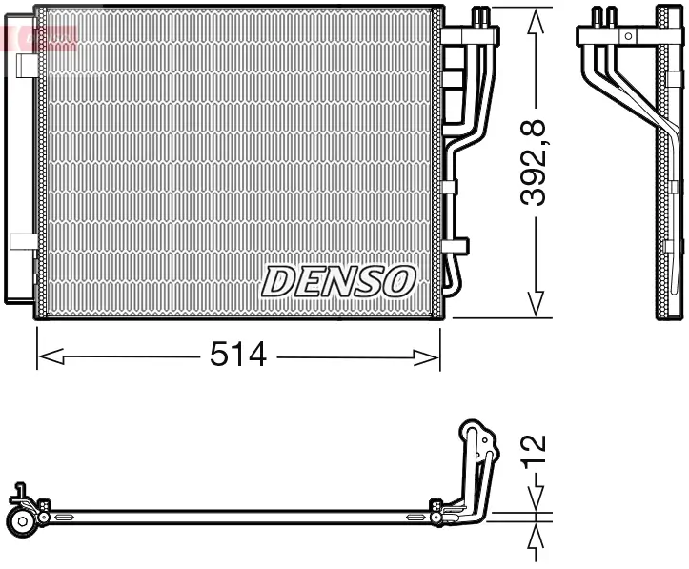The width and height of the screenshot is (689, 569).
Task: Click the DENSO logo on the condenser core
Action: pos(339,281)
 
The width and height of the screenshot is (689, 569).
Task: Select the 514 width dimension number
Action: pos(237,356)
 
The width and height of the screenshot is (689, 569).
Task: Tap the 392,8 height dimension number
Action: pos(536,161)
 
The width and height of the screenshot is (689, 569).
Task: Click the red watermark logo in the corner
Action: pos(38,38)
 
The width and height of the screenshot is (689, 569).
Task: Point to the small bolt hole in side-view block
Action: pos(627,35)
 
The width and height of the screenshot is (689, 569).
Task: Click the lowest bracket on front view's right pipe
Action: pos(456,246)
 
